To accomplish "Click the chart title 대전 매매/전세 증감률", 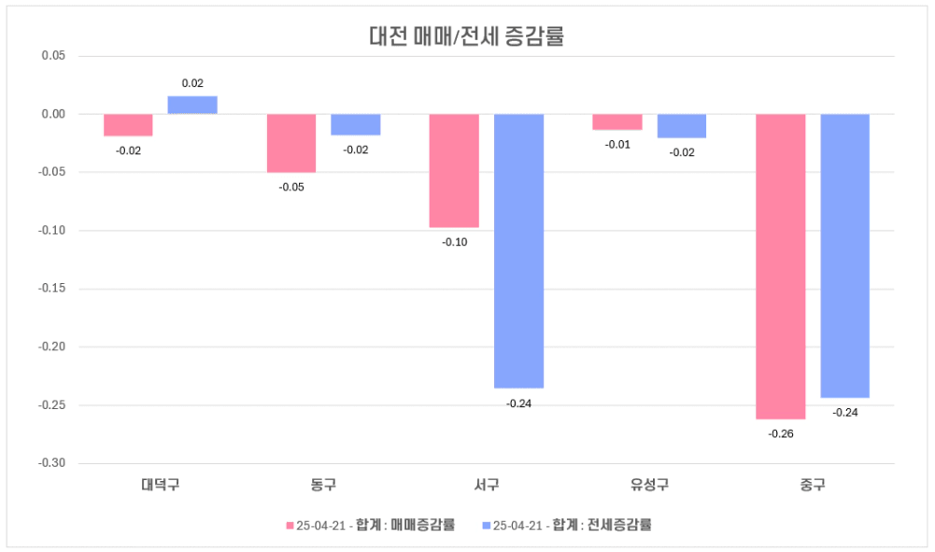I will click(467, 37).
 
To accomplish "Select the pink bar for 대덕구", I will click(128, 125).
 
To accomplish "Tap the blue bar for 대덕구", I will click(192, 105).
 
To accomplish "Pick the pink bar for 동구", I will click(291, 143).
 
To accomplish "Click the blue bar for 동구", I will click(356, 124).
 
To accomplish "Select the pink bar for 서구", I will click(454, 170).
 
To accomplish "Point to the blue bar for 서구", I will click(518, 250).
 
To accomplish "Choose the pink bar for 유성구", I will click(617, 121).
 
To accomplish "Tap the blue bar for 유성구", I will click(682, 125).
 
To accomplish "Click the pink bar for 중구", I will click(780, 266).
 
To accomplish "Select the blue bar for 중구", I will click(844, 255).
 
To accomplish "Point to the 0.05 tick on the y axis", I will click(53, 56).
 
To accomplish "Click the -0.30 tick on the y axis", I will click(51, 463).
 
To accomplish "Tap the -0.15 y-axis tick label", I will click(51, 289).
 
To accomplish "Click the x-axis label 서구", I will click(486, 485).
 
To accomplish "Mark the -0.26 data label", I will click(780, 434).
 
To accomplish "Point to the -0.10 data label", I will click(455, 242).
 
